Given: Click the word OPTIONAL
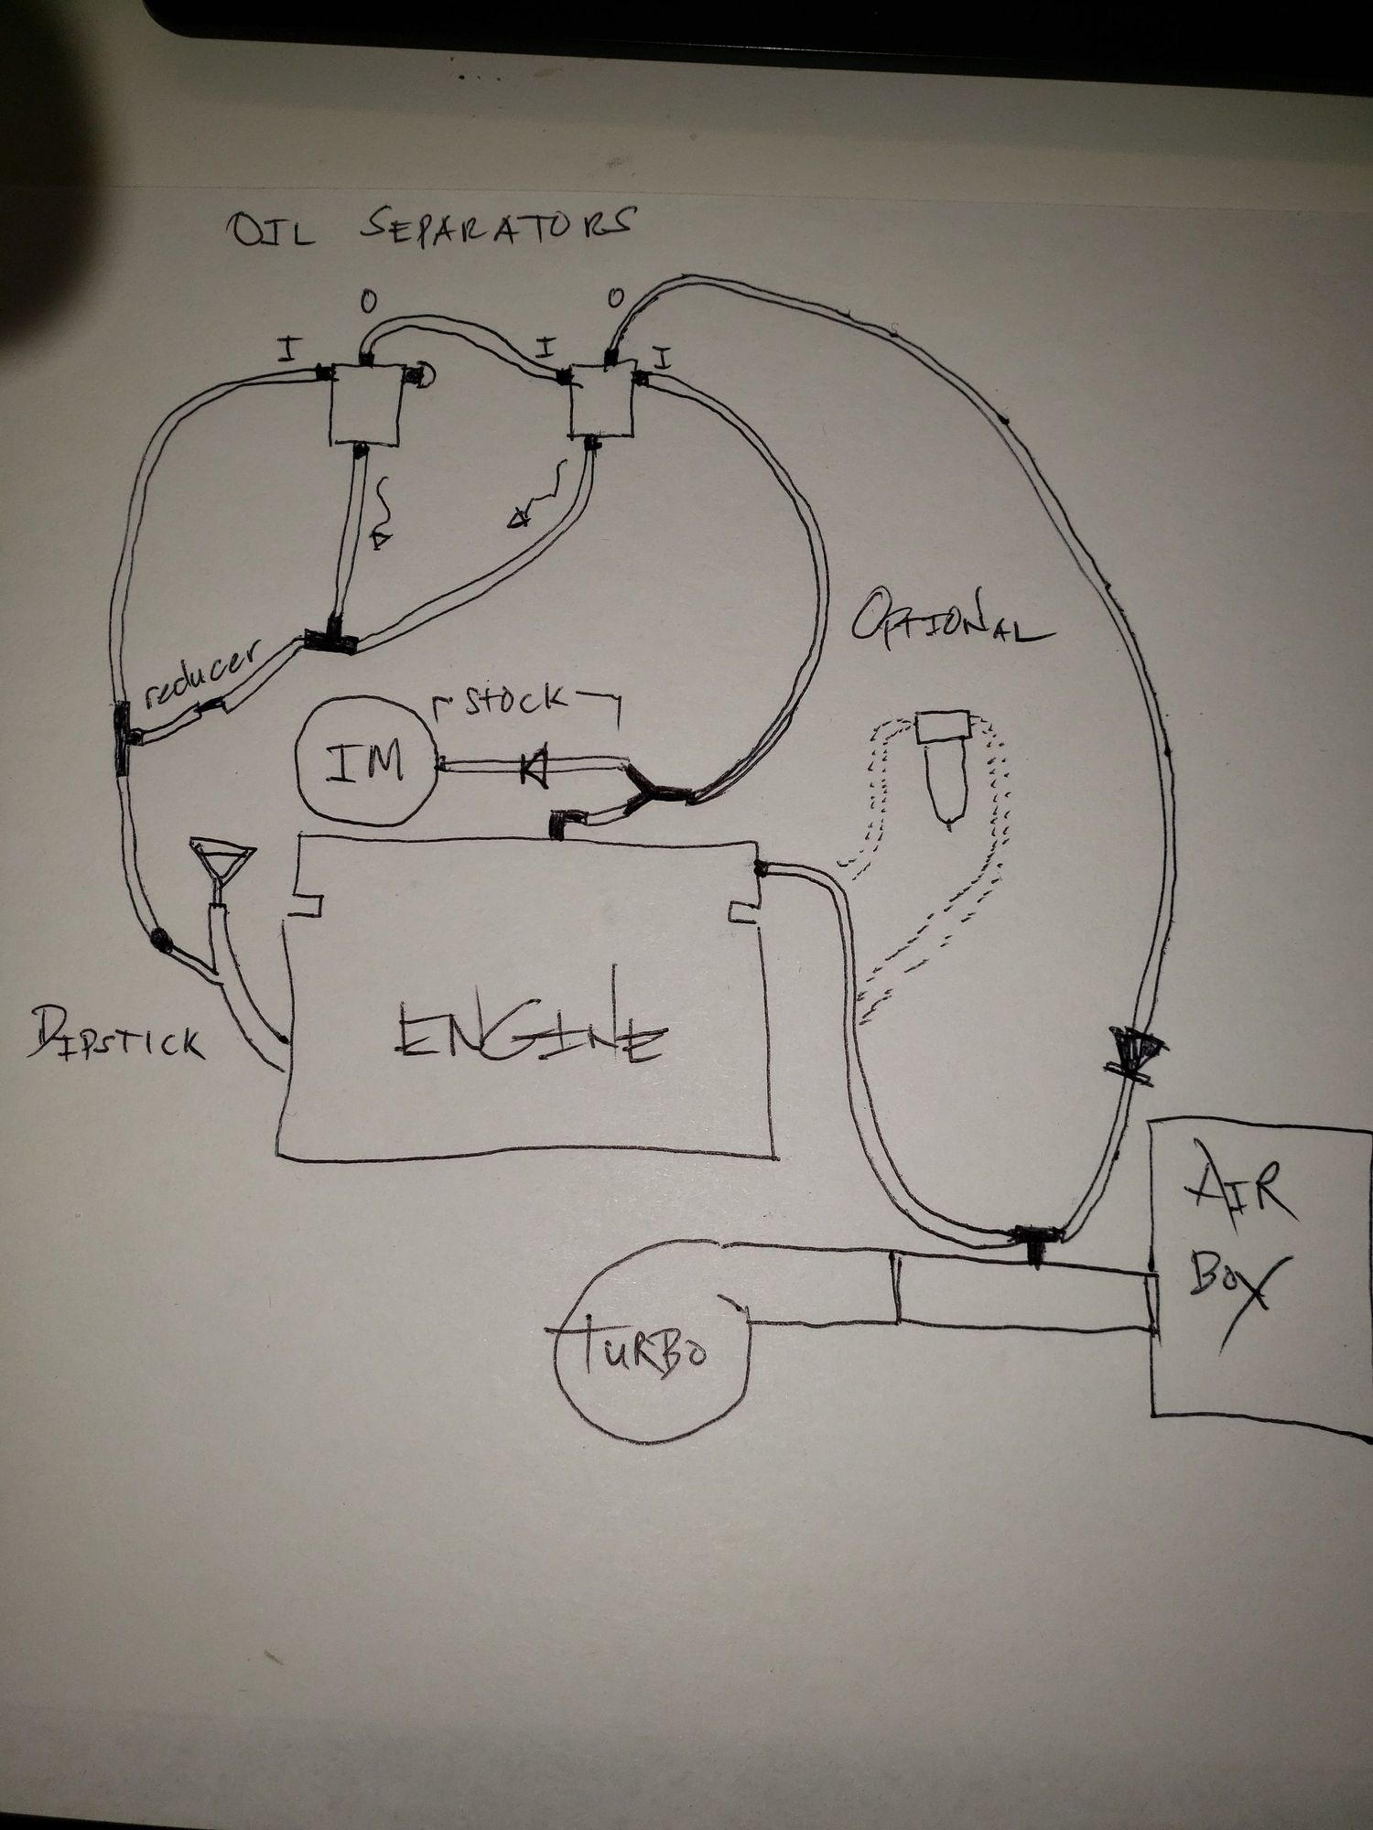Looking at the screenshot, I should coord(952,624).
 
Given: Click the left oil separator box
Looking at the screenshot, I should coord(365,405).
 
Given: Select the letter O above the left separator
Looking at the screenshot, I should coord(367,299).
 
